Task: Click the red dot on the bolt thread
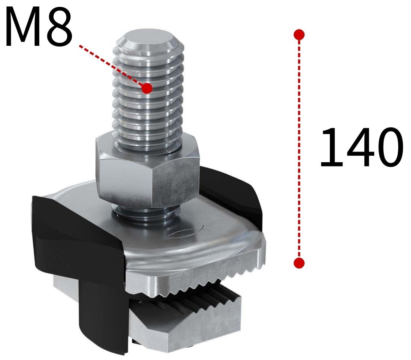click(x=147, y=89)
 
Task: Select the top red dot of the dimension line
click(x=299, y=34)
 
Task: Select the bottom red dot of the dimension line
click(x=299, y=262)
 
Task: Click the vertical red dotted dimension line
click(x=299, y=150)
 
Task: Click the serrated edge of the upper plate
click(x=205, y=283)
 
